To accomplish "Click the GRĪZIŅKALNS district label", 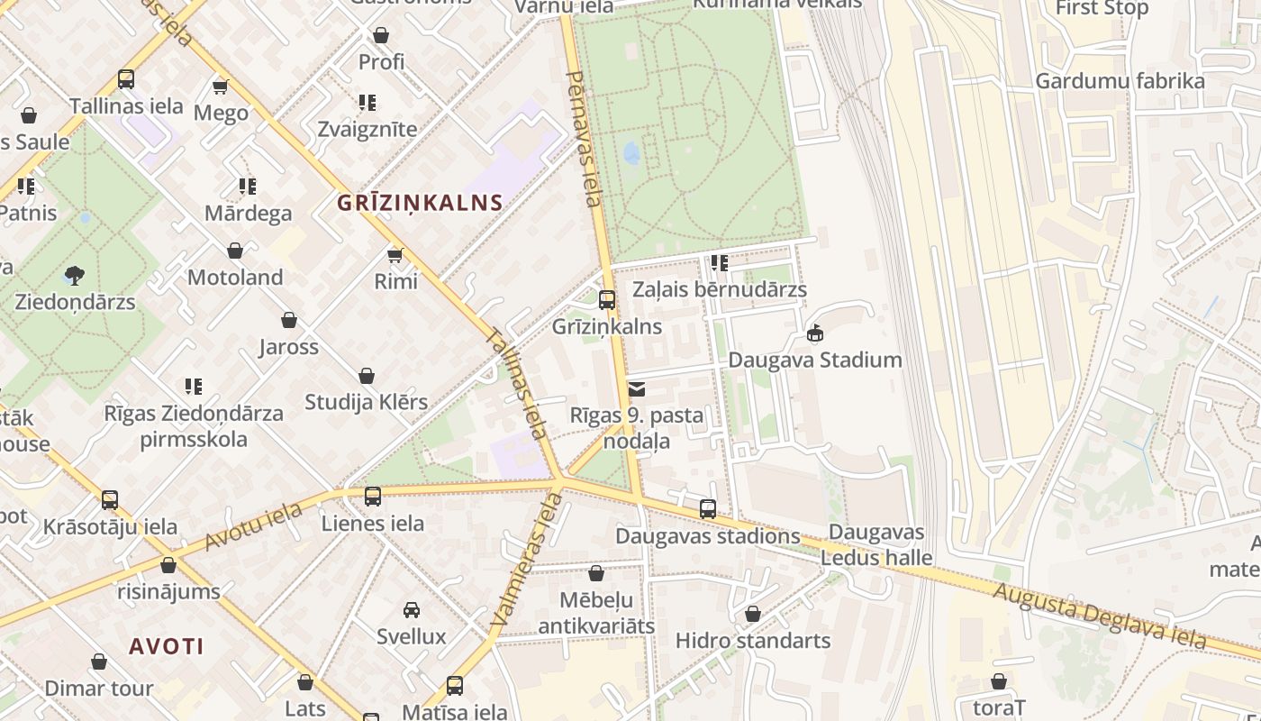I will click(420, 202).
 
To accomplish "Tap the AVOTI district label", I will click(166, 646).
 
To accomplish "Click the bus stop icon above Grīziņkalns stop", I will click(607, 300).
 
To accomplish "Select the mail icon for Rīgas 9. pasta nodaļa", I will click(637, 389).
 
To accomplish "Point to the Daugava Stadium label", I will click(814, 360).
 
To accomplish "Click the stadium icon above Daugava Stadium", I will click(815, 333).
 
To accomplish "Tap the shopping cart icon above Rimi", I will click(395, 255).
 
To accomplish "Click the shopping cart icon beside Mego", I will click(220, 87).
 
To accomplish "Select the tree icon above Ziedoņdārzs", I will click(75, 275).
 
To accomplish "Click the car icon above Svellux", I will click(412, 610).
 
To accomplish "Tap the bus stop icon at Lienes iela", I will click(373, 496).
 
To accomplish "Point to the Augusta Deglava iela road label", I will click(1099, 616).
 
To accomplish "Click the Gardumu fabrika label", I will click(1119, 81).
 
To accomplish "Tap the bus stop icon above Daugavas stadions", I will click(708, 509).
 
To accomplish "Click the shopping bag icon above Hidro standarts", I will click(753, 614).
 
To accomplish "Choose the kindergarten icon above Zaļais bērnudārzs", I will click(719, 263).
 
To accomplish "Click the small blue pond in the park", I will click(632, 153).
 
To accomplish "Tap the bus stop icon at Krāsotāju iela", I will click(110, 499).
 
